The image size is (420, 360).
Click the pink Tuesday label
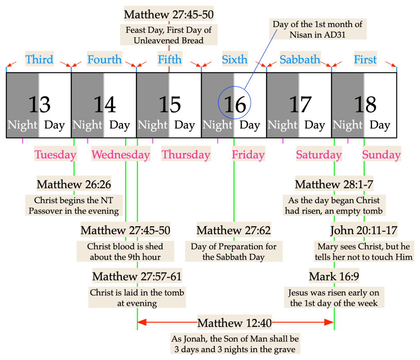click(x=55, y=155)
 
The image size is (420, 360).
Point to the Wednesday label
click(x=121, y=155)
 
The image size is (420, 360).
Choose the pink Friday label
click(x=248, y=155)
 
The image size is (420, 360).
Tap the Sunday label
click(x=381, y=155)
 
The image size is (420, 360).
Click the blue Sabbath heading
click(x=300, y=60)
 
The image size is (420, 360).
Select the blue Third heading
click(x=39, y=60)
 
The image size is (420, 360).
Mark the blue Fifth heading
click(x=169, y=60)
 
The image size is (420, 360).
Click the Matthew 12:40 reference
click(x=235, y=323)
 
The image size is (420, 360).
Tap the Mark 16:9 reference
click(x=334, y=276)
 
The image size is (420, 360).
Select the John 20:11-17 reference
click(x=364, y=230)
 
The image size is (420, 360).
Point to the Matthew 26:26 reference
click(x=74, y=184)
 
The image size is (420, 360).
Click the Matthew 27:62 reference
click(x=234, y=230)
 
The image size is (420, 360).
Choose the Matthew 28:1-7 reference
click(x=334, y=184)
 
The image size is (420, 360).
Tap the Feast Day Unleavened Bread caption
click(x=169, y=35)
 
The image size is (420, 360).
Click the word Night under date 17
click(x=283, y=125)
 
